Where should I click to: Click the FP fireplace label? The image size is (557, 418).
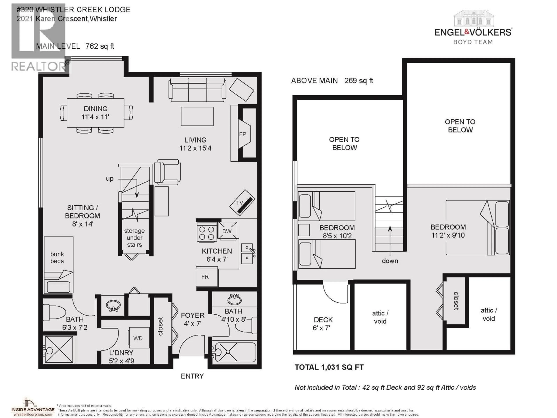click(x=243, y=134)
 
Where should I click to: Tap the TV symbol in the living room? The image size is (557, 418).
click(x=242, y=203)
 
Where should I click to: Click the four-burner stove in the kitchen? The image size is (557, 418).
click(x=207, y=233)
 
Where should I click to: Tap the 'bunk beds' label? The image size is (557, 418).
click(x=57, y=257)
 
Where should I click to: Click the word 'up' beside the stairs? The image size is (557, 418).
click(x=110, y=179)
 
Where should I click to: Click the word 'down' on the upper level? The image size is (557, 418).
click(x=390, y=261)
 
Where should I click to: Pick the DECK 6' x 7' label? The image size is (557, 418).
click(x=323, y=324)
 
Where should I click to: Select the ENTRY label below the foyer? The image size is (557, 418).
click(x=192, y=376)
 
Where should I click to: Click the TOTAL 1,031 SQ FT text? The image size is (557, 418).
click(x=329, y=367)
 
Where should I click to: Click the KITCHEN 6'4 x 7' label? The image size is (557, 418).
click(x=217, y=255)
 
